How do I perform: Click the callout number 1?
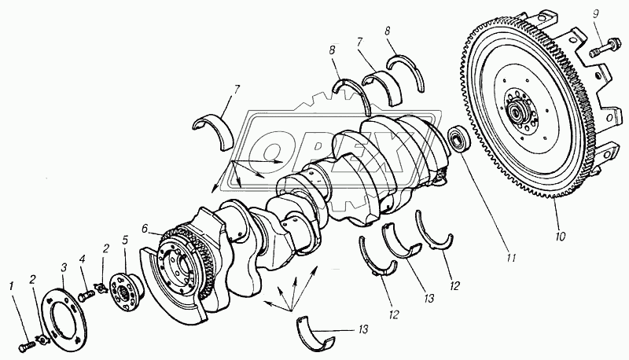click(x=12, y=286)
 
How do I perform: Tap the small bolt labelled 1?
click(x=24, y=347)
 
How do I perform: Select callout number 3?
click(x=64, y=267)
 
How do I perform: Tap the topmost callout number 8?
click(x=387, y=31)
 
